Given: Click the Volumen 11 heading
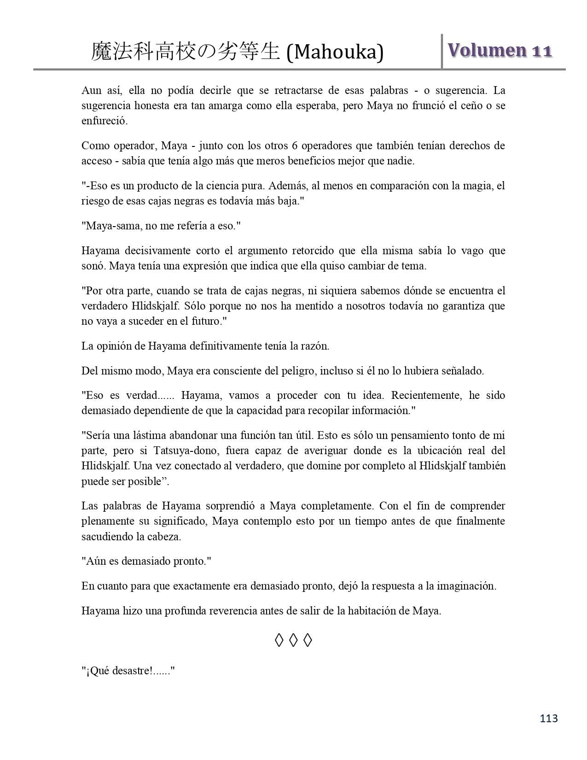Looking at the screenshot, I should click(x=500, y=51).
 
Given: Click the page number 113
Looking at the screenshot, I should click(x=549, y=718).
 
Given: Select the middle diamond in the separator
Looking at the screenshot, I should click(x=293, y=640).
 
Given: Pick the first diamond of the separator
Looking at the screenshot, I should click(x=279, y=640).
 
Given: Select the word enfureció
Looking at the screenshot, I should click(x=105, y=121).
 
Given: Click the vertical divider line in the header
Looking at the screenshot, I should click(x=442, y=51).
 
